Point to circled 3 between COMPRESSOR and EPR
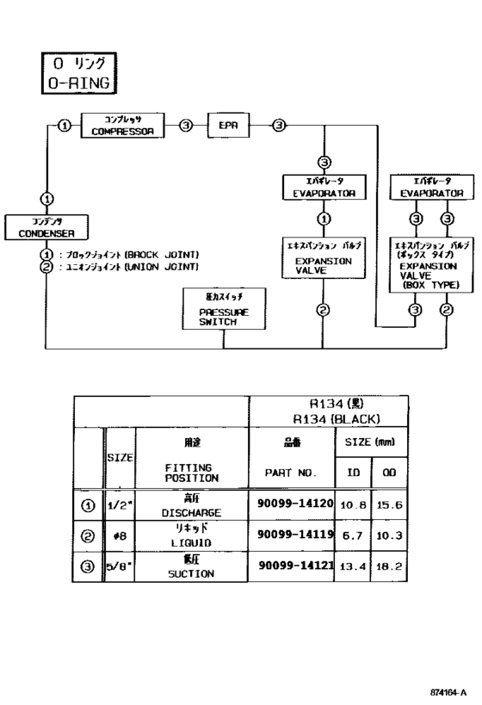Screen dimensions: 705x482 pos(185,126)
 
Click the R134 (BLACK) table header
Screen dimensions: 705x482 pos(327,413)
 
